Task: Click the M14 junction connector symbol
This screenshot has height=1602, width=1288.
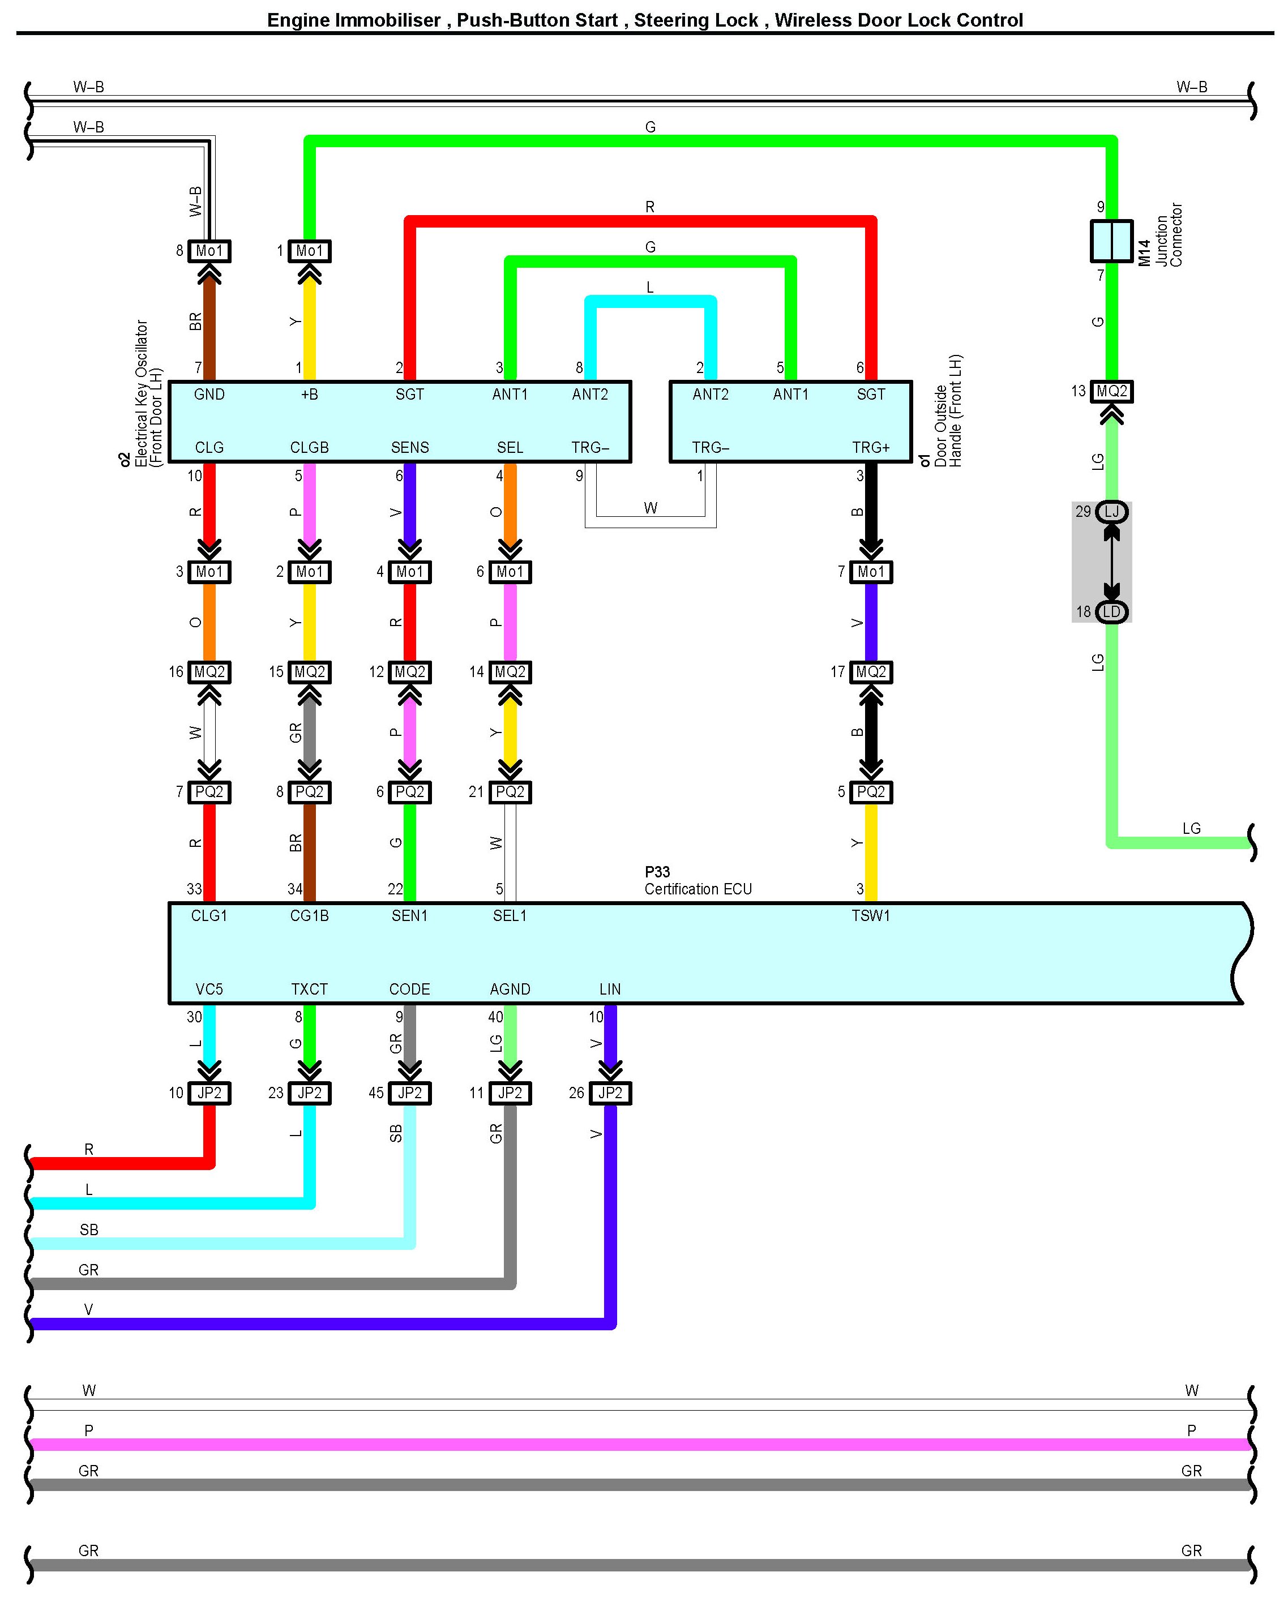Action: (x=1111, y=241)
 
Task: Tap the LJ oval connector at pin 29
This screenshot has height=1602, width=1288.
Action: (x=1111, y=512)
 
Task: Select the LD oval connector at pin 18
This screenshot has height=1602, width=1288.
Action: (x=1111, y=611)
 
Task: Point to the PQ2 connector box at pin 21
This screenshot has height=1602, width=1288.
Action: (x=510, y=792)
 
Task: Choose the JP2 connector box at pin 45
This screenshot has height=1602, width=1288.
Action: (x=409, y=1093)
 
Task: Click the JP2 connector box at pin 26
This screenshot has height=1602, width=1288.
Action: (x=610, y=1093)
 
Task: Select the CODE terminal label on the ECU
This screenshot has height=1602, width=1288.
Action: (x=409, y=990)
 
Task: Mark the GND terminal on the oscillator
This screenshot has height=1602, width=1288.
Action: (x=209, y=395)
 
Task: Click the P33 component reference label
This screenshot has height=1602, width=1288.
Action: (x=657, y=872)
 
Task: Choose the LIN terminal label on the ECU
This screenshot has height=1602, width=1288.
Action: (x=610, y=990)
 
